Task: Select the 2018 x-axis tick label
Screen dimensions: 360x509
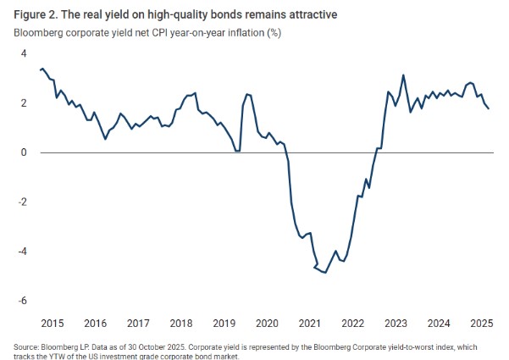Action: tap(181, 324)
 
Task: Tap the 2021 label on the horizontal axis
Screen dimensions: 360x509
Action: tap(310, 324)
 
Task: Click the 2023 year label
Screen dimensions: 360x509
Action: tap(396, 324)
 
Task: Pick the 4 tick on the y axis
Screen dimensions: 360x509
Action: tap(24, 53)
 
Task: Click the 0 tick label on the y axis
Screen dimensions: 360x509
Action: tap(24, 152)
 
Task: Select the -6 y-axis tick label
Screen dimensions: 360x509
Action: tap(22, 301)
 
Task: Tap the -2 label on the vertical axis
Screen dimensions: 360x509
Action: tap(22, 202)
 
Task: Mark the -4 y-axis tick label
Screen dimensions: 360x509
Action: tap(22, 252)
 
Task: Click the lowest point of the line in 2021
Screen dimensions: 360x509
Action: tap(325, 273)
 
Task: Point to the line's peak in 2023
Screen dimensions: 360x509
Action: tap(403, 75)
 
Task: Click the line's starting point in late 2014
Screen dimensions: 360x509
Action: tap(40, 69)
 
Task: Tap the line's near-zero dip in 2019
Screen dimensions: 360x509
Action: tap(237, 151)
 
